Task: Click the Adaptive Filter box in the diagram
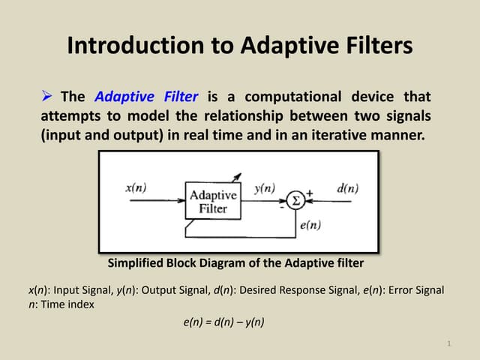[214, 200]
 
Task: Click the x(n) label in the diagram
[136, 188]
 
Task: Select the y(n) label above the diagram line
[265, 188]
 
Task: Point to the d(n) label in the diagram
[346, 188]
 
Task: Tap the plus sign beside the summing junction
[308, 193]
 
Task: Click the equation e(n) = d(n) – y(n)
[224, 322]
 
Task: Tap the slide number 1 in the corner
[448, 344]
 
